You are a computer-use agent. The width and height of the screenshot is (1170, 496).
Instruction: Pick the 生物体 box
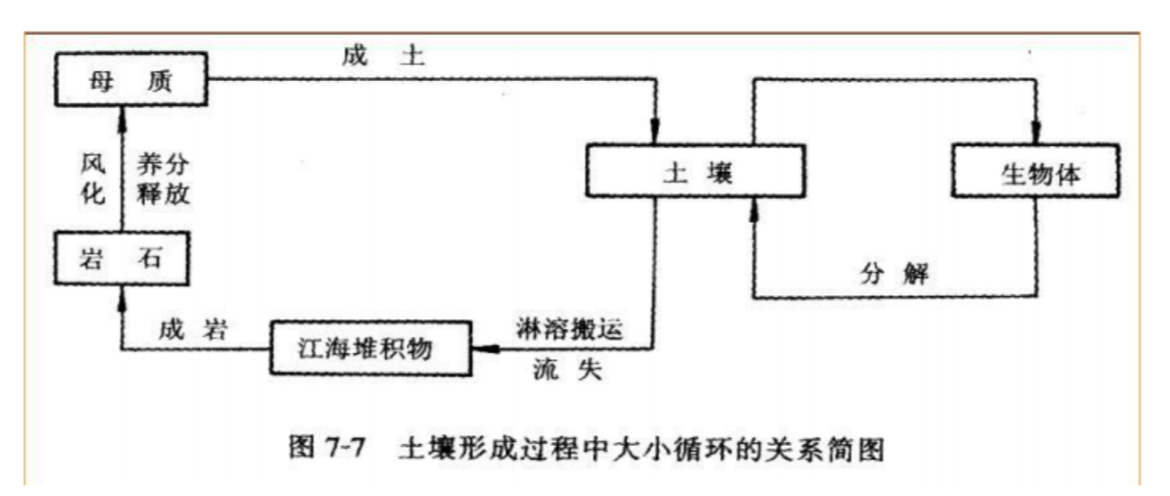[1038, 174]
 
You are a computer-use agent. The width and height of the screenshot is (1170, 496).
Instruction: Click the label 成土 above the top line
[382, 56]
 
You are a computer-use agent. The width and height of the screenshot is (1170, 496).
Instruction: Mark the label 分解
[894, 273]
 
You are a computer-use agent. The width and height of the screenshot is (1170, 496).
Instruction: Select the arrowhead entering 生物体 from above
[1038, 135]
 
